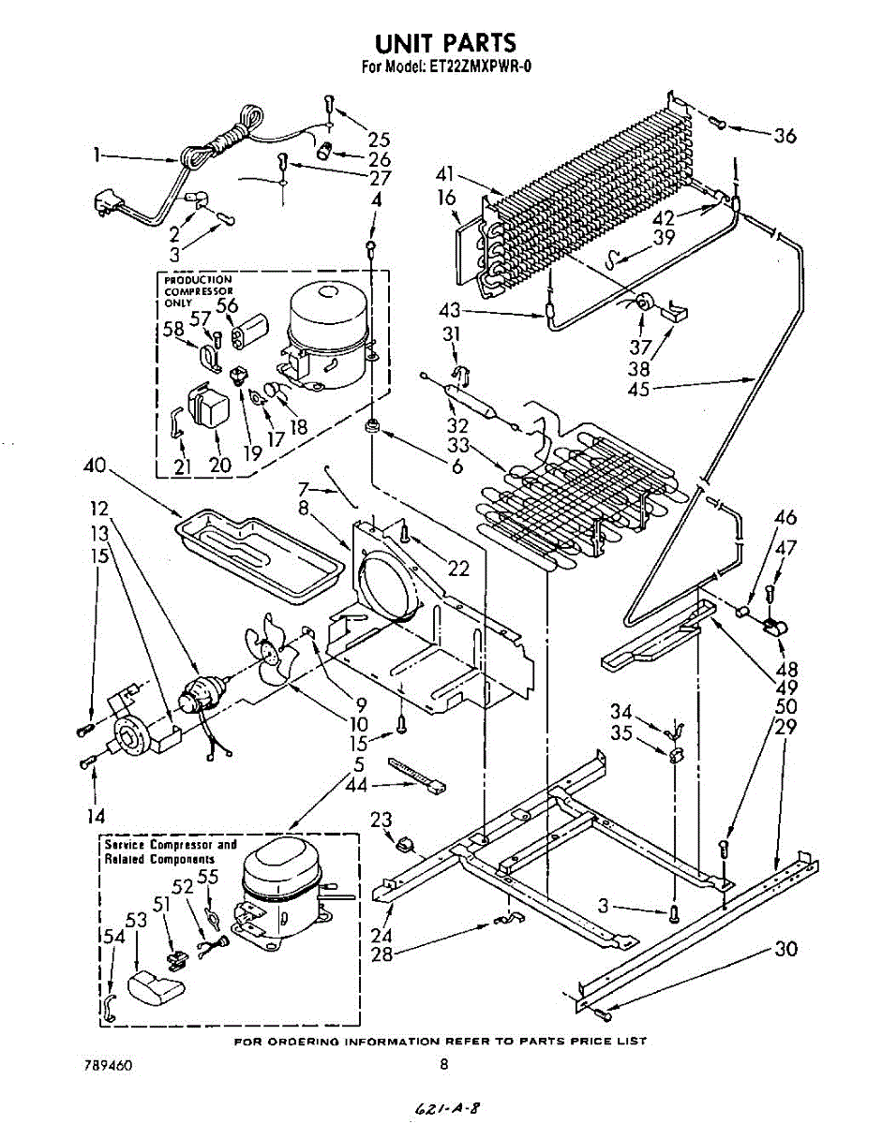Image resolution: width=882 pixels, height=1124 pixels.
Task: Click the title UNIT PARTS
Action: [x=444, y=43]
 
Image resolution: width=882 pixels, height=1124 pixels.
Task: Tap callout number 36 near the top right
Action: [x=785, y=136]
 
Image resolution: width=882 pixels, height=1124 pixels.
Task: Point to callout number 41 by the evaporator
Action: [x=445, y=174]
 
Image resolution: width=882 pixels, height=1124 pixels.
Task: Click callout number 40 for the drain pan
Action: [x=94, y=466]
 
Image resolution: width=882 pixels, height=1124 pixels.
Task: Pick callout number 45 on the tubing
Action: [x=638, y=389]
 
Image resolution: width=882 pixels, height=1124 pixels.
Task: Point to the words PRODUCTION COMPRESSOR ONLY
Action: [x=199, y=291]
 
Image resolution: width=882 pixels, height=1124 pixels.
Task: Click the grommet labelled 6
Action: [x=372, y=427]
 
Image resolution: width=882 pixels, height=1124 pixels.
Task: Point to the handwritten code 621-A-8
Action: [x=445, y=1108]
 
